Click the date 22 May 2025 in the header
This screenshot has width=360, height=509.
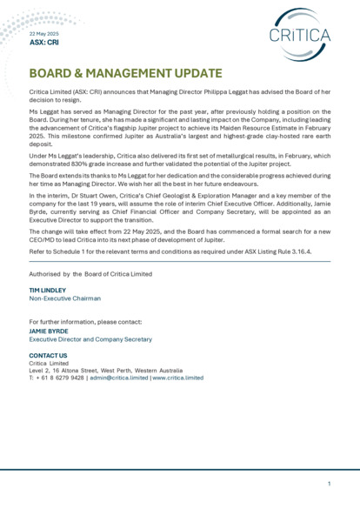(44, 33)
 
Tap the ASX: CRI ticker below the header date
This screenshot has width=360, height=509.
(44, 42)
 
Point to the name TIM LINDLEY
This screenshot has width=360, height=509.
(48, 290)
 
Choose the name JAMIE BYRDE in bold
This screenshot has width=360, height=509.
(50, 330)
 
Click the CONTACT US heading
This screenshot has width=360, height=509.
(49, 355)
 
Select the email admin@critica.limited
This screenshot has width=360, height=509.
(119, 378)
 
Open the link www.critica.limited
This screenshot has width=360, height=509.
(178, 378)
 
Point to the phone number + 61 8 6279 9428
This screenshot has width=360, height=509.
(59, 378)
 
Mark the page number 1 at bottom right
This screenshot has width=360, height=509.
(330, 483)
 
